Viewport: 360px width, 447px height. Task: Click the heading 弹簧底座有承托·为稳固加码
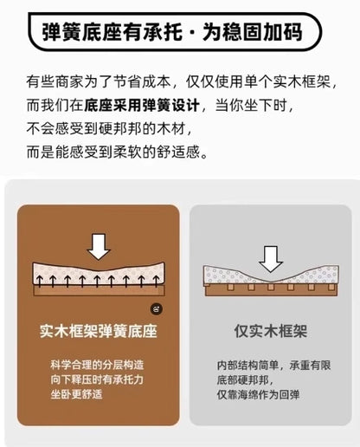coord(172,32)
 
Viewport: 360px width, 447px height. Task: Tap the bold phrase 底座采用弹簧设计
coord(142,105)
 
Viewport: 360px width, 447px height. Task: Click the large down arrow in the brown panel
coord(99,247)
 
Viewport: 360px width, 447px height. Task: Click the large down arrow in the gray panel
coord(271,259)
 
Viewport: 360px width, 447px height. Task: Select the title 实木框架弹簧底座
coord(99,331)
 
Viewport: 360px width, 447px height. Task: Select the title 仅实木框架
coord(271,331)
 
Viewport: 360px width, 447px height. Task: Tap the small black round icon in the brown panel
coord(157,309)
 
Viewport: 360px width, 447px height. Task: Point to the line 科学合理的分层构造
coord(97,365)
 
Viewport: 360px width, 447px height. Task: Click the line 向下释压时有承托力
coord(97,379)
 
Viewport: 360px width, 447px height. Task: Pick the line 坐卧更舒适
coord(76,394)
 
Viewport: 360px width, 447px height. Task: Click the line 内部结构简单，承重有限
coord(273,366)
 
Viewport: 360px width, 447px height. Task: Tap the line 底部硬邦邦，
coord(245,380)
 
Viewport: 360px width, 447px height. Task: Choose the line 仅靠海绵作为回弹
coord(258,394)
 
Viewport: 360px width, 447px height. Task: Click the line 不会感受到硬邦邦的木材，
coord(109,128)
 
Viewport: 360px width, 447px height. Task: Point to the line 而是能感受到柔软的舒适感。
coord(117,152)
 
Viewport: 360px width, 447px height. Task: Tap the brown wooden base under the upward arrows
coord(100,291)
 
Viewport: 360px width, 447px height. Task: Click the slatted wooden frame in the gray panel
coord(271,289)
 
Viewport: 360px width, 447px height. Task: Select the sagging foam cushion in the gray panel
coord(271,275)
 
